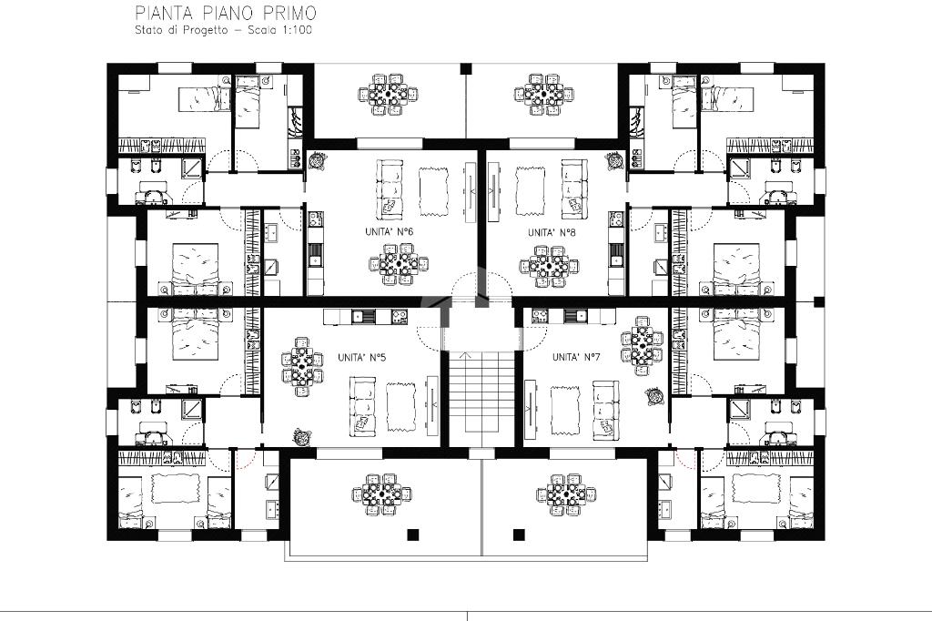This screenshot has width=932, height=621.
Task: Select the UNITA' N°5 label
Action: click(x=362, y=358)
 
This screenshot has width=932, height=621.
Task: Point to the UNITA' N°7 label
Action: click(x=576, y=357)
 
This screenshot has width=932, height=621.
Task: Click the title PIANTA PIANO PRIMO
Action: click(x=226, y=13)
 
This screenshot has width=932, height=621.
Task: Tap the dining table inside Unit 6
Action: click(x=399, y=265)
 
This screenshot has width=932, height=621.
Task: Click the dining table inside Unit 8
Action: click(x=548, y=265)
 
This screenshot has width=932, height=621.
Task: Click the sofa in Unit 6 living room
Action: click(x=390, y=189)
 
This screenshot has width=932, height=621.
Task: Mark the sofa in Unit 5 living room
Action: click(x=362, y=404)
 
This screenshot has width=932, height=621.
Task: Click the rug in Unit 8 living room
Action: click(x=529, y=189)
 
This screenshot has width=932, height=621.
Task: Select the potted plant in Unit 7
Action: click(x=655, y=396)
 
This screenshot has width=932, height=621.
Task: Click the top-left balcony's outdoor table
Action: click(x=388, y=94)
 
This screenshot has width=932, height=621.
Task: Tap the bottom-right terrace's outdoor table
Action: click(x=566, y=493)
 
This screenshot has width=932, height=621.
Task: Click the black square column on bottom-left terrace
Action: click(x=412, y=534)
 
